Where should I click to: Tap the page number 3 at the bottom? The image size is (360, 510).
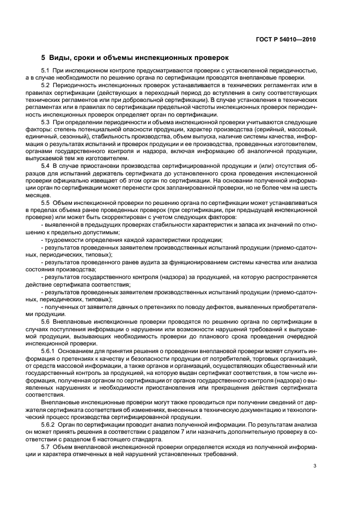click(x=315, y=465)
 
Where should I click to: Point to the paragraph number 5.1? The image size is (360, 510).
click(x=46, y=71)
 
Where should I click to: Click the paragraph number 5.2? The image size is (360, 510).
click(x=46, y=85)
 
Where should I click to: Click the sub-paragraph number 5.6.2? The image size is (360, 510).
click(x=48, y=424)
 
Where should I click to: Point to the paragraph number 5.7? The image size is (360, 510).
click(x=46, y=446)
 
